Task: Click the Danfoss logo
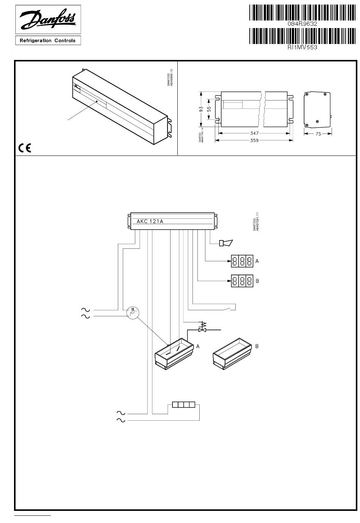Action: [48, 20]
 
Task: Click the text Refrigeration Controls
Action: [48, 41]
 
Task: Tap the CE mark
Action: [25, 148]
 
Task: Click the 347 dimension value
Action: [254, 133]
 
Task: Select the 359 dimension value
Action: [254, 140]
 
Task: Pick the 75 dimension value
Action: [318, 133]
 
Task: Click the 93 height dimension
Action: [202, 108]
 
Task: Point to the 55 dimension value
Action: [209, 108]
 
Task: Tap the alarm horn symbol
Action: [226, 243]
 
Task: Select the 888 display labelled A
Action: [242, 261]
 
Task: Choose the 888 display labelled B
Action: [242, 281]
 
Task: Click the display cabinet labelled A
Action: [174, 353]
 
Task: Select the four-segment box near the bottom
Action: [184, 405]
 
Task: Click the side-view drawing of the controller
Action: [318, 110]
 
